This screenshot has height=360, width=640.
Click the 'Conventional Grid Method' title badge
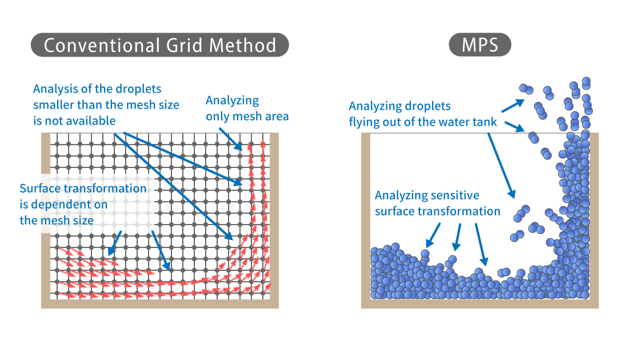[159, 45]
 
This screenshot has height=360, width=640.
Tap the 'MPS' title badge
[479, 45]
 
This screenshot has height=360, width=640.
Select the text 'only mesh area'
[247, 117]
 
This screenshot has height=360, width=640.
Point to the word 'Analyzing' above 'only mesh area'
[232, 101]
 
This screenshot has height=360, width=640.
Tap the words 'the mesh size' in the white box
[57, 220]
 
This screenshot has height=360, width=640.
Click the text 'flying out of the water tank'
[423, 122]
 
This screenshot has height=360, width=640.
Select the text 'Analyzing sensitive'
[427, 195]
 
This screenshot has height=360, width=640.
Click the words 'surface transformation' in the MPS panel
[437, 211]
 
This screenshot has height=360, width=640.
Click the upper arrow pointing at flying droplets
[513, 105]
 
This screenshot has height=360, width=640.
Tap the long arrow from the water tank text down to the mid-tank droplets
[502, 166]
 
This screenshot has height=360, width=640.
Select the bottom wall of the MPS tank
[480, 303]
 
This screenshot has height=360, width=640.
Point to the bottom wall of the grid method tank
[160, 303]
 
